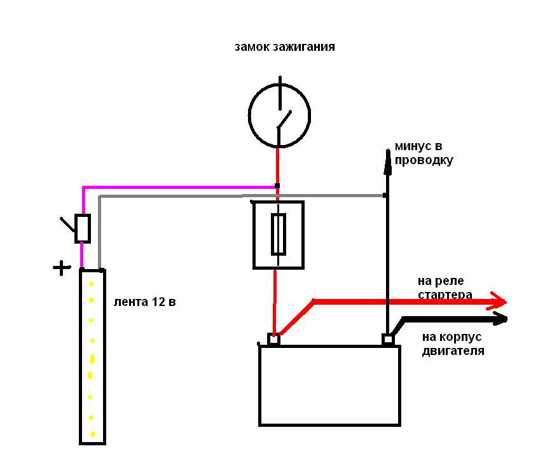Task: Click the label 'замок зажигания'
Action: click(285, 47)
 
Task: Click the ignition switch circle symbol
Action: click(248, 116)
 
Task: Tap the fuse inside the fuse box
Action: click(279, 234)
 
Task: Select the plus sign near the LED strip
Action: click(62, 268)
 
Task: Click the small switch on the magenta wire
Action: click(83, 228)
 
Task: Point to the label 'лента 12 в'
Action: click(144, 302)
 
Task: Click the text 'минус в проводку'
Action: click(424, 153)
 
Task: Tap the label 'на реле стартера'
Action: click(445, 288)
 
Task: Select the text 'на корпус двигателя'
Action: click(453, 343)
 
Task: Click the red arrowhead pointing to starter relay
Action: click(498, 301)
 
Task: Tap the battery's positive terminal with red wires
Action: click(273, 340)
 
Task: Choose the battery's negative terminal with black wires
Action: click(388, 340)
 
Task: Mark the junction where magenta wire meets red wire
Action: click(277, 186)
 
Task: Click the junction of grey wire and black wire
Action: click(385, 195)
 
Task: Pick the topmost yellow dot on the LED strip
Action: click(92, 284)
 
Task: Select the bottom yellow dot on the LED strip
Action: click(92, 434)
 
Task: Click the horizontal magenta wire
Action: click(179, 188)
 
